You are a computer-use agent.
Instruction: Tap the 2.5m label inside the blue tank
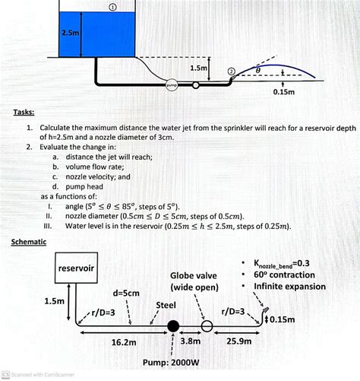pyautogui.click(x=71, y=33)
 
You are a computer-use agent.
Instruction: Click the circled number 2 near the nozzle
pyautogui.click(x=232, y=71)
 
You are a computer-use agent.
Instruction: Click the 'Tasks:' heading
pyautogui.click(x=23, y=112)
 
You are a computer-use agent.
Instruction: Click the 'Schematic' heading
pyautogui.click(x=29, y=241)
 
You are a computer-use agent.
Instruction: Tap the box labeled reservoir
pyautogui.click(x=77, y=268)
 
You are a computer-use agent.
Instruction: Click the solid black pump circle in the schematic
pyautogui.click(x=173, y=326)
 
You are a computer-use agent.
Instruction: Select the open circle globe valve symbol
pyautogui.click(x=207, y=326)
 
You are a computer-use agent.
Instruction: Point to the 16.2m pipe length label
pyautogui.click(x=123, y=343)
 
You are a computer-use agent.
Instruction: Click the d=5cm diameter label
pyautogui.click(x=125, y=293)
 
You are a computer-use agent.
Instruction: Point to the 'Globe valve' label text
pyautogui.click(x=194, y=275)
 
